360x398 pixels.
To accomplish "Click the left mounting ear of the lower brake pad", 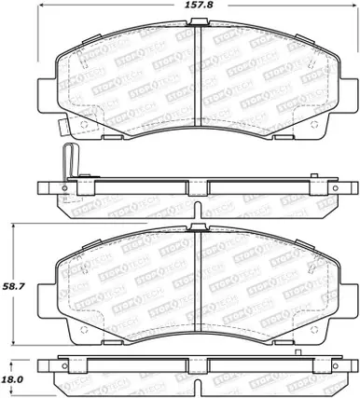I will point(45,299).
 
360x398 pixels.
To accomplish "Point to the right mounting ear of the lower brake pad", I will point(352,299).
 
